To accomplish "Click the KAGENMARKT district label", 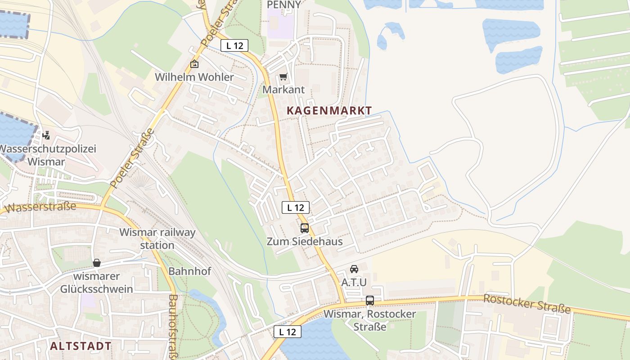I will (329, 110).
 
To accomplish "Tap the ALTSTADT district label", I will (81, 346).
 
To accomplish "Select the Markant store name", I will (283, 90).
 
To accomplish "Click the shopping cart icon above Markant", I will (283, 77).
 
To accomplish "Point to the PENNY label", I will (283, 4).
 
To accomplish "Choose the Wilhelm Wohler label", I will (194, 77).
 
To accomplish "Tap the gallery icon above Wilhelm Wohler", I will (194, 64).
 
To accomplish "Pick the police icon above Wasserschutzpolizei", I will (46, 135).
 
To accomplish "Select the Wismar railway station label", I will (157, 238).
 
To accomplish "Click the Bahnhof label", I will (189, 271).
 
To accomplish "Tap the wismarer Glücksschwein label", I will (97, 283).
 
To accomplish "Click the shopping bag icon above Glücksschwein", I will (97, 263).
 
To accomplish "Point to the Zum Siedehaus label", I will (305, 241).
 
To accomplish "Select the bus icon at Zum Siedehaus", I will (305, 228).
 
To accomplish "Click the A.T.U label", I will (354, 283).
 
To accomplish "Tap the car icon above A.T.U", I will (354, 269).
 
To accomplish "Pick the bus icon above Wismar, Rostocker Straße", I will (370, 300).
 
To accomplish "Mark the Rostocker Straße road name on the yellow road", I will (527, 304).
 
